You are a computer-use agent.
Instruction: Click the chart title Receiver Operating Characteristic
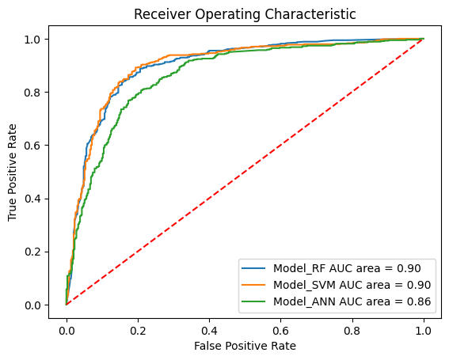tap(245, 13)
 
